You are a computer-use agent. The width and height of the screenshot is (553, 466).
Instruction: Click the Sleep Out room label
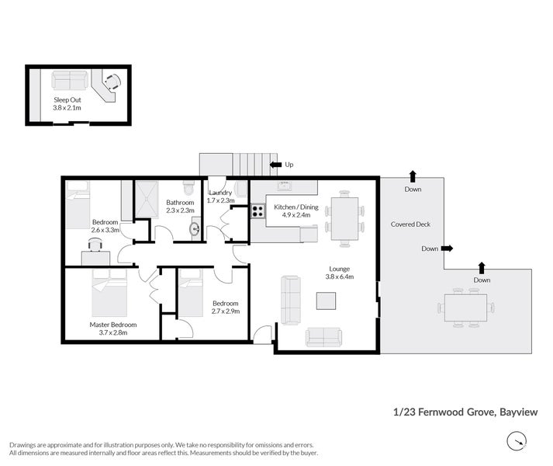67,100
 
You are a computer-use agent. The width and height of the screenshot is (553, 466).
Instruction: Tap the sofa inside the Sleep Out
70,81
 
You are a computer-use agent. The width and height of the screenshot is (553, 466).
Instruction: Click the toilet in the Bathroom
188,189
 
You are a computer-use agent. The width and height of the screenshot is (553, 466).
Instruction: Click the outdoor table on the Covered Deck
466,307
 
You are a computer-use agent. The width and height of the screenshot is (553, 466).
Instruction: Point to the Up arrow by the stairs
275,165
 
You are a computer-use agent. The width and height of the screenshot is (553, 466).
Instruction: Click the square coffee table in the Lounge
327,301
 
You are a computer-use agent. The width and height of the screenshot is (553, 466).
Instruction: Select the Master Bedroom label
112,324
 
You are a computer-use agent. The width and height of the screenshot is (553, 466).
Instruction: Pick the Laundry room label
219,193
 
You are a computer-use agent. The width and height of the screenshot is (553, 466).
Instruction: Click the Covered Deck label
411,224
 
